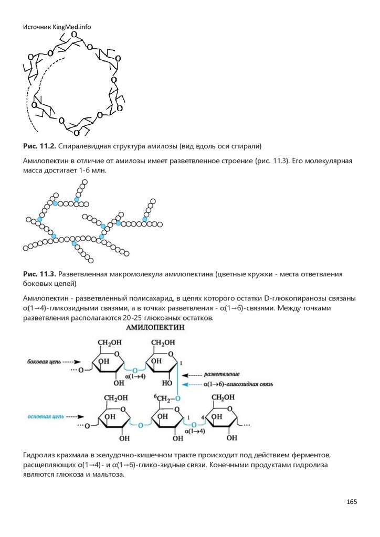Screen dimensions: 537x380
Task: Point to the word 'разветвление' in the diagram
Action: coord(221,374)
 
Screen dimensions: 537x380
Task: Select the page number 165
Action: coord(351,502)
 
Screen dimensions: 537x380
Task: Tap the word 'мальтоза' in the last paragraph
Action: coord(109,475)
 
